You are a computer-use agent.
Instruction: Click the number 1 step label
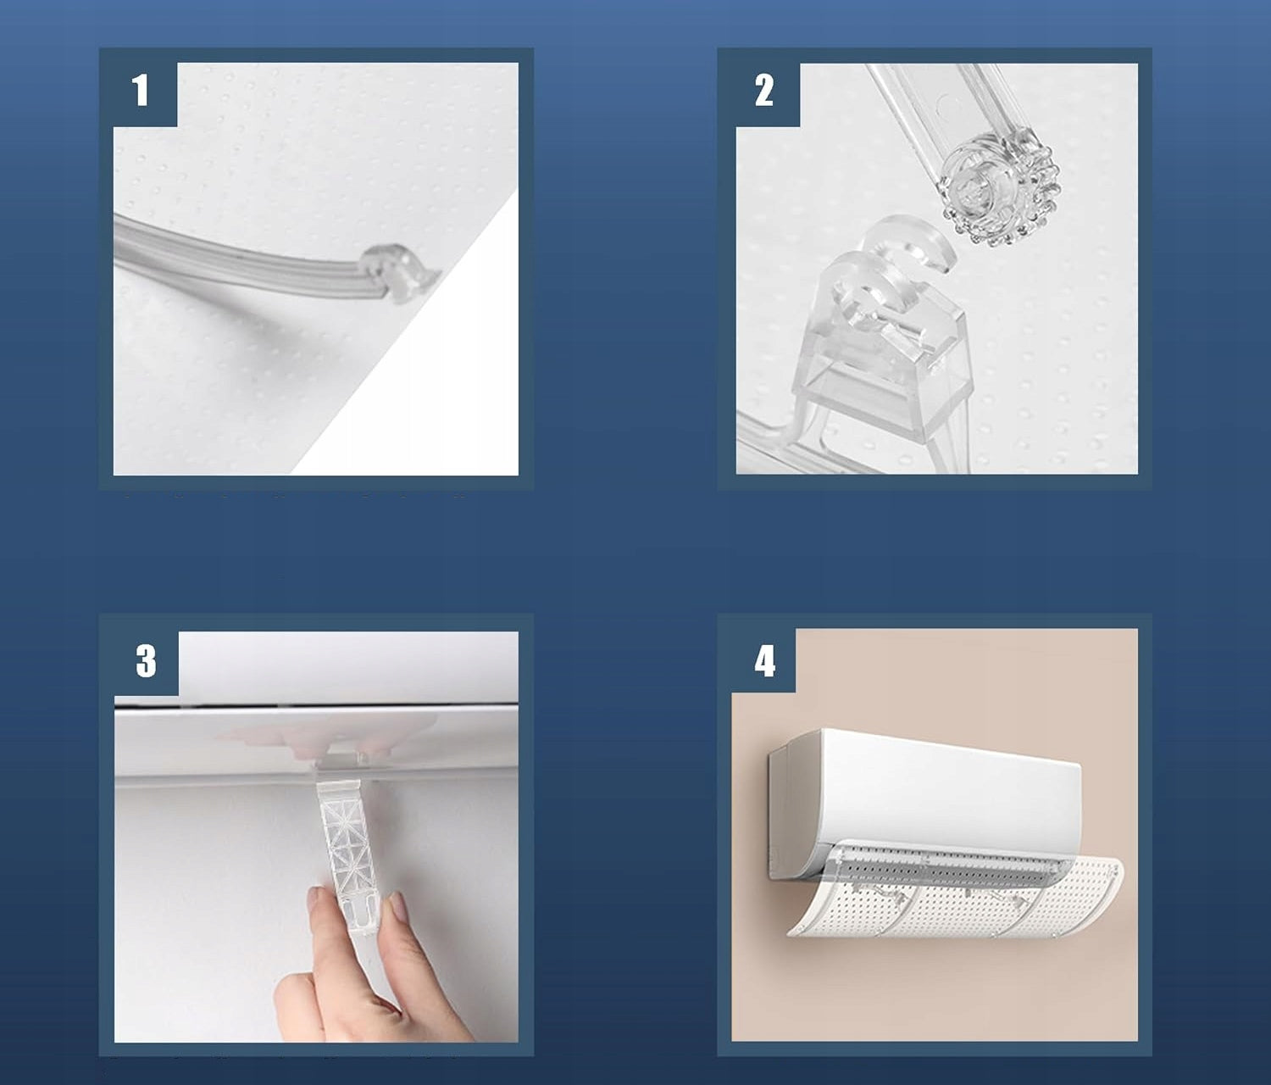[x=140, y=90]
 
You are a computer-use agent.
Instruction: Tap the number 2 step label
[x=763, y=90]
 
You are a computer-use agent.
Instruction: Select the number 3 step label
[x=146, y=662]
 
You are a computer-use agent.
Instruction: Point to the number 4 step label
[x=765, y=662]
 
